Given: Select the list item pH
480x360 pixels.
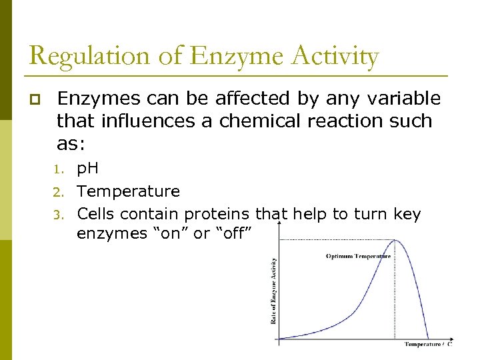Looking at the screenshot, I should [x=88, y=169].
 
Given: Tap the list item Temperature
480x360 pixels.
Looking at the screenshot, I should [x=128, y=191].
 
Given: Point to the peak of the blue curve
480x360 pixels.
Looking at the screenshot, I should [x=395, y=241].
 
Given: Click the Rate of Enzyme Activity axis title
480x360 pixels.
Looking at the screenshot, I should [x=273, y=291].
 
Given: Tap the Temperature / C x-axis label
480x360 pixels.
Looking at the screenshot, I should [x=428, y=344].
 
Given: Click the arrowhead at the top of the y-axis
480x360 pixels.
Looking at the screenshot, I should [x=278, y=226].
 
